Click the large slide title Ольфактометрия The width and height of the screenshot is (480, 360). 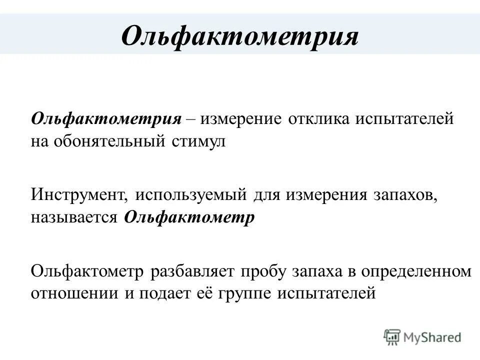coord(240,35)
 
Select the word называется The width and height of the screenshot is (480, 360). coord(73,218)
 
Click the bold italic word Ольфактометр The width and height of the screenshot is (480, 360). coord(189,218)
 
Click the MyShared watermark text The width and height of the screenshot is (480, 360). coord(433,337)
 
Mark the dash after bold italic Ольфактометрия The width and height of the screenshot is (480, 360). coord(191,120)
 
